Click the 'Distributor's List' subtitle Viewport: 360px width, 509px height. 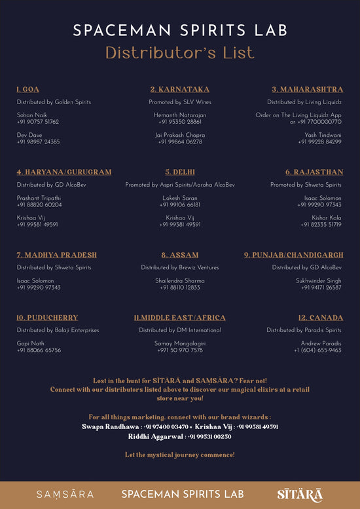coord(180,52)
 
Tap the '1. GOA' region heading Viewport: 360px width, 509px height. coord(27,89)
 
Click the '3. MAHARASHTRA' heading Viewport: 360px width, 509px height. coord(308,89)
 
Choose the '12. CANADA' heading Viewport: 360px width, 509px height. coord(321,318)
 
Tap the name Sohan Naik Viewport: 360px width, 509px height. coord(32,115)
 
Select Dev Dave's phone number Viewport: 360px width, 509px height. coord(38,141)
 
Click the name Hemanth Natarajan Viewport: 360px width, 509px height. coord(180,115)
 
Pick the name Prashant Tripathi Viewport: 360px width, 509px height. coord(39,198)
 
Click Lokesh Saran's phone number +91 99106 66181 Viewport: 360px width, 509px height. coord(180,204)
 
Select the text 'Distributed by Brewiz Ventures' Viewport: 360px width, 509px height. coord(180,267)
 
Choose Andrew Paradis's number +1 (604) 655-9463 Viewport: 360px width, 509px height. coord(317,350)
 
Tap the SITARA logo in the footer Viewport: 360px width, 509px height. coord(299,494)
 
